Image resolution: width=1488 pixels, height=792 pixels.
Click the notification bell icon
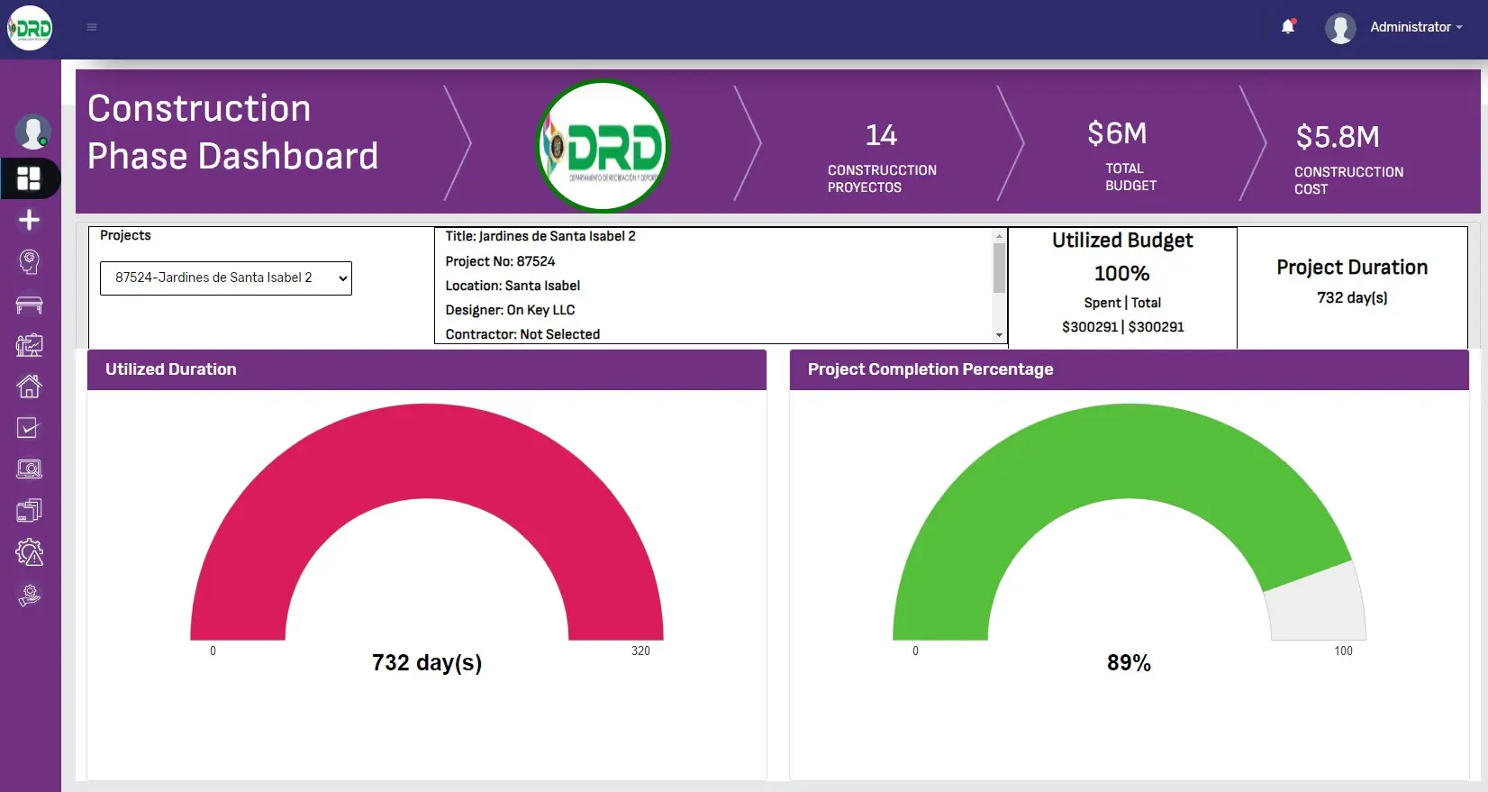point(1288,27)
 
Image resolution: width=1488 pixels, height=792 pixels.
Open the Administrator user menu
point(1410,27)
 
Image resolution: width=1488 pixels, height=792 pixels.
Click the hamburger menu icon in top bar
point(92,27)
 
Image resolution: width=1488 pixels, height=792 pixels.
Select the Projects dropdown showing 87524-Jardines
point(225,278)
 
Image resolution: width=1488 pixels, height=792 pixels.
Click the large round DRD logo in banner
point(603,146)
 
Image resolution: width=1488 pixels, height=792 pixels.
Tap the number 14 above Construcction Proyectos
point(881,135)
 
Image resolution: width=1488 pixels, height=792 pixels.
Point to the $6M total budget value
point(1117,133)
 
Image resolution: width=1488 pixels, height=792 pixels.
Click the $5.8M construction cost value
point(1338,137)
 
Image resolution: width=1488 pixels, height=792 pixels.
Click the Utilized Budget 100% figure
point(1121,273)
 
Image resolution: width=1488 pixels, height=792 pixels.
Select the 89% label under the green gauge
point(1129,663)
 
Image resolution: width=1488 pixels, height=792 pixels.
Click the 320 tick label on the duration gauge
point(640,651)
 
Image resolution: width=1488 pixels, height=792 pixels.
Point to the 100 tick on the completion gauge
point(1343,651)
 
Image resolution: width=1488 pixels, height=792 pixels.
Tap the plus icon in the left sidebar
point(29,220)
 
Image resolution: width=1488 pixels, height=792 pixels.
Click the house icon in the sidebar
point(29,387)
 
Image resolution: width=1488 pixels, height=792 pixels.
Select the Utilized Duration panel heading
point(171,369)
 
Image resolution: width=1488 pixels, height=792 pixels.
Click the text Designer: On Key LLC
point(510,310)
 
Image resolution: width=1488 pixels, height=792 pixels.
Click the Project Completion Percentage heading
point(930,369)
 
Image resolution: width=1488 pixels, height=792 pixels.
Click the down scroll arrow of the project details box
point(999,335)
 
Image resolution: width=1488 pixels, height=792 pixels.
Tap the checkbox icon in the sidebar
point(29,428)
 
